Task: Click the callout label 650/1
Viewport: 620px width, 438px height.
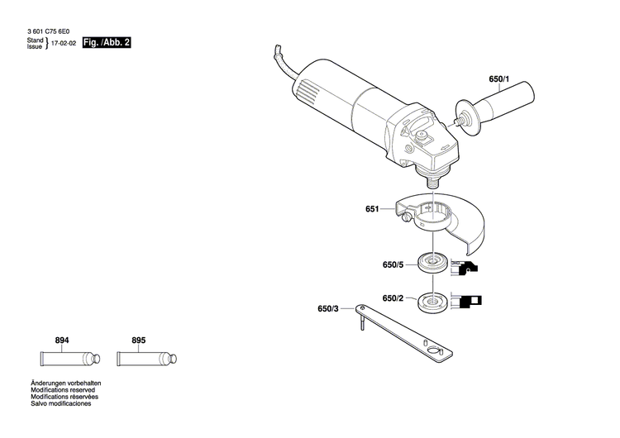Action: coord(500,80)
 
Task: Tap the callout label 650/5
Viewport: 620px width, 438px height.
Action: coord(393,264)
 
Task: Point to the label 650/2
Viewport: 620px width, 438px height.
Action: coord(393,298)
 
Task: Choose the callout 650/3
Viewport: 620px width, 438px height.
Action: coord(328,309)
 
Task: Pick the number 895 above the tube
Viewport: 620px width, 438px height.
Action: coord(138,340)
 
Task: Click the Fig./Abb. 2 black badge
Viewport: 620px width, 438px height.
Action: coord(107,41)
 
